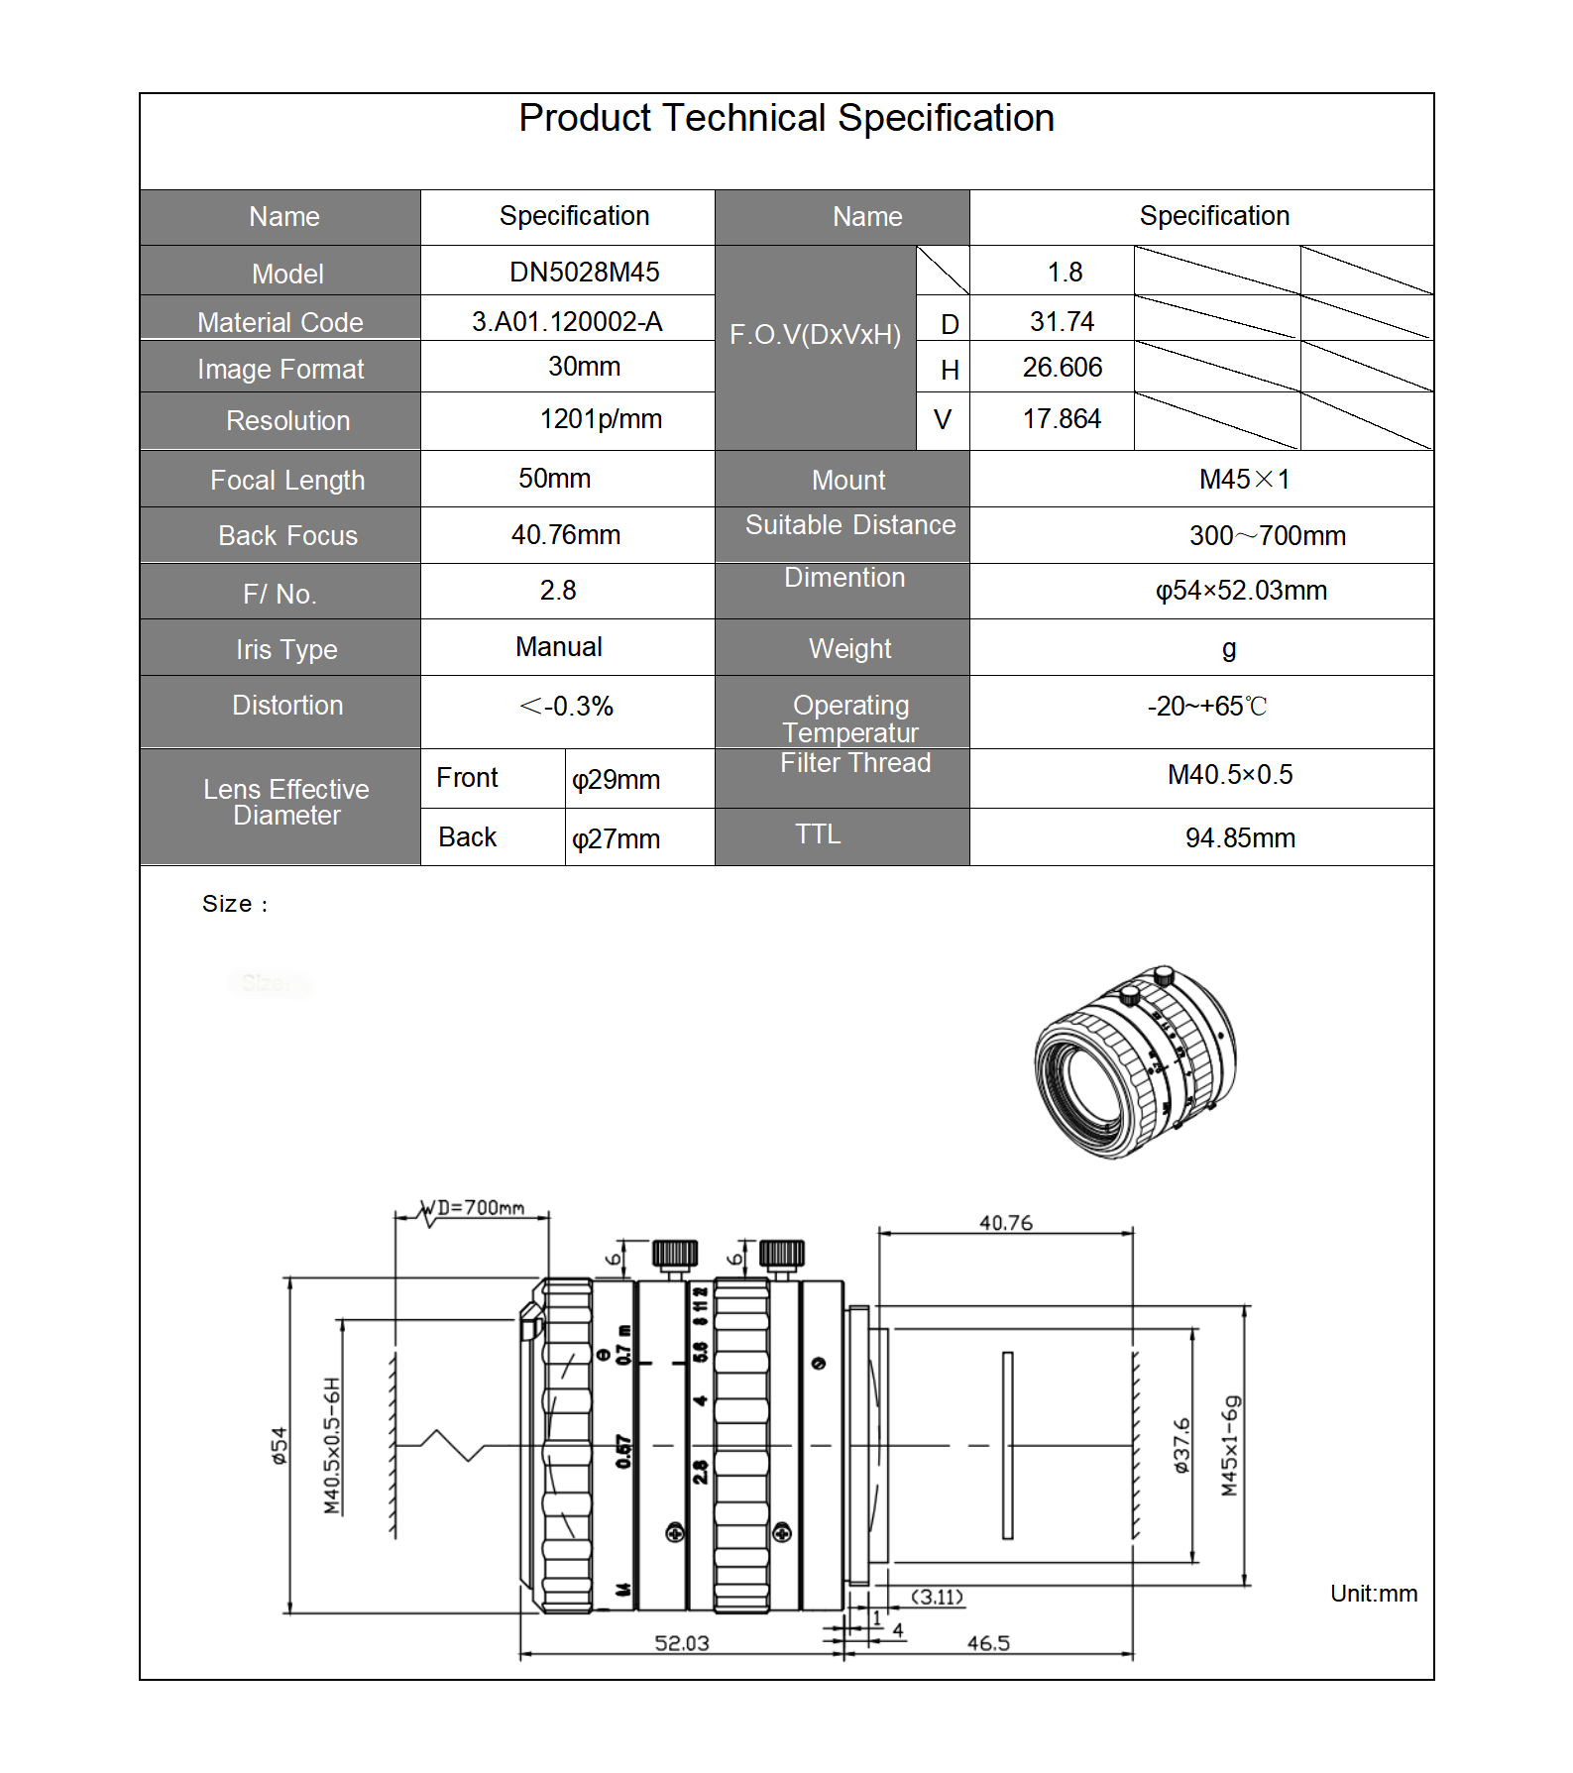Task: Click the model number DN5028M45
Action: click(584, 273)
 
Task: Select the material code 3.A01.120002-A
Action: click(567, 322)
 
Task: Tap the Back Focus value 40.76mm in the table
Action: click(565, 535)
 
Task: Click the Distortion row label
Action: click(287, 706)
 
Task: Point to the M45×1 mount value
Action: click(1244, 480)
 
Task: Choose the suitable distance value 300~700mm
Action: click(1267, 536)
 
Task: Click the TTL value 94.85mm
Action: click(1239, 838)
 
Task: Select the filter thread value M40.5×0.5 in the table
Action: click(1229, 775)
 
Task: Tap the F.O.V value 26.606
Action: click(1062, 368)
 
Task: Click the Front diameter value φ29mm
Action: click(616, 780)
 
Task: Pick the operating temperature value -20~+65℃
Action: click(1206, 707)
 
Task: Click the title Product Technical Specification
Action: click(786, 119)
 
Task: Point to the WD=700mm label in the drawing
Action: click(480, 1208)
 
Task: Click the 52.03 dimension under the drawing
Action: click(682, 1643)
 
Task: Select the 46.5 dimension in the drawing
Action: click(988, 1643)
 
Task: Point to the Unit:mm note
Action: click(1373, 1594)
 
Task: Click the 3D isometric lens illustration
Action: click(1135, 1061)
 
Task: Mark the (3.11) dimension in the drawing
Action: click(937, 1597)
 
